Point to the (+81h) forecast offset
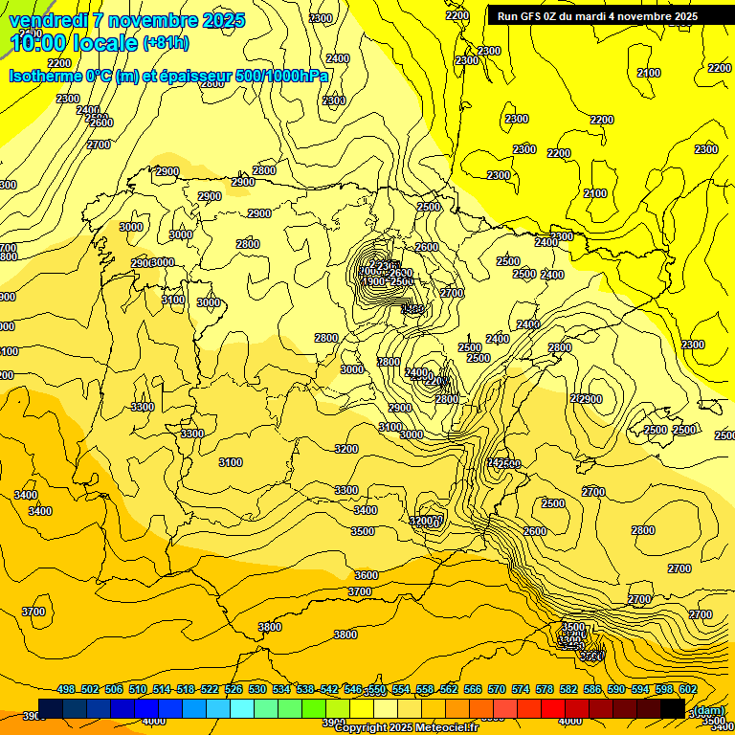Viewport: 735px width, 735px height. pos(166,43)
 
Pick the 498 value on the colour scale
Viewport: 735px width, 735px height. pos(66,689)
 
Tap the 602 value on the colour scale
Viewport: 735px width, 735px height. pos(688,689)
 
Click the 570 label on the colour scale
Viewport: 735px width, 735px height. pos(497,689)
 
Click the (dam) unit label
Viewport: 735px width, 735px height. pos(709,709)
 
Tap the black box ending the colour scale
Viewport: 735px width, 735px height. pos(673,708)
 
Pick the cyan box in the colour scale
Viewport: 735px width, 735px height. pos(242,708)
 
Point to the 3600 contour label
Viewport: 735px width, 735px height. pos(367,575)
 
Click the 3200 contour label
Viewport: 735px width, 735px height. pos(346,449)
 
